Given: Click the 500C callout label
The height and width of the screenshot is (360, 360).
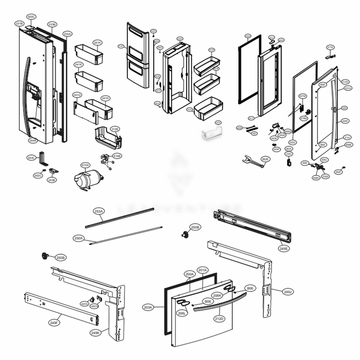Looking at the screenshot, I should point(31,17).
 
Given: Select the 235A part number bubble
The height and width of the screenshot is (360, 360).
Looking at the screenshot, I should point(67,34).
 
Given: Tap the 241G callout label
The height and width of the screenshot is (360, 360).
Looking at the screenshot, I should point(77,95).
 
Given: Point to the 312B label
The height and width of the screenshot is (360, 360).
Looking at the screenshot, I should point(115,129).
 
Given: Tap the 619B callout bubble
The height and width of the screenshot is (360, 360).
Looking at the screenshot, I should point(117,156).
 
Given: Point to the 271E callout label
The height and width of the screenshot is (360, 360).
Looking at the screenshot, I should point(330,47).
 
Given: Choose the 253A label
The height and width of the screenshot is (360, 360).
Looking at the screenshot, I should point(98,211).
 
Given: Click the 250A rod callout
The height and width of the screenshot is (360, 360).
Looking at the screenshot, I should point(78,238).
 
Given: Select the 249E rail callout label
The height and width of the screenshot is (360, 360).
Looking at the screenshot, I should point(284,248).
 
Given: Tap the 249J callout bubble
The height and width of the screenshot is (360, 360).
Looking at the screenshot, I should point(288,291).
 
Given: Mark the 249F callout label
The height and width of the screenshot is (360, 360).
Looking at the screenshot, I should point(54,323).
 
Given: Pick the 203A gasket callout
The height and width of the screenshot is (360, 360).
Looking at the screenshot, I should point(148,307).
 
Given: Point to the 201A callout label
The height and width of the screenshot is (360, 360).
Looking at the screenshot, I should point(202,270).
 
